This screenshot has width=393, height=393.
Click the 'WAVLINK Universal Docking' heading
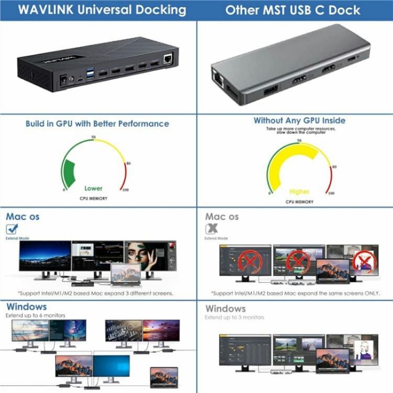(97, 9)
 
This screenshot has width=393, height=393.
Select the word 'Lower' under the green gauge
(94, 188)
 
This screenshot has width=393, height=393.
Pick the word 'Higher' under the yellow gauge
(299, 191)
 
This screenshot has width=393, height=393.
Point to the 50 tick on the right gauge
(299, 140)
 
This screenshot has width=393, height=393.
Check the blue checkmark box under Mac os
(12, 228)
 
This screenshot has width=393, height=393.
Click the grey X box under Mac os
(212, 228)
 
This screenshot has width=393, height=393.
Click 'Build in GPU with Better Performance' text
(97, 124)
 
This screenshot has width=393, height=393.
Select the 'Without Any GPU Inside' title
(299, 121)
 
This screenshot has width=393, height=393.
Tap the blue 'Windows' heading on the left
(26, 307)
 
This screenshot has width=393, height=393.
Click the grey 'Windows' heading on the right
(225, 309)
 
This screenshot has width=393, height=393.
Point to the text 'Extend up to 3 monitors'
(235, 318)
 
